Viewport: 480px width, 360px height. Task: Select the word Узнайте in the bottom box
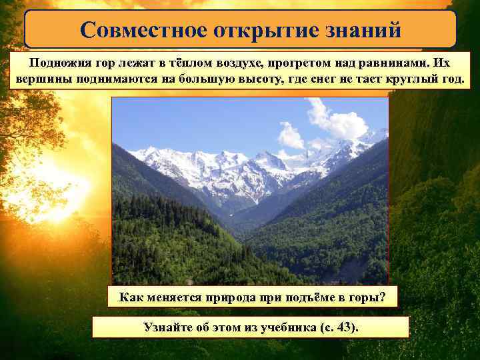click(x=169, y=327)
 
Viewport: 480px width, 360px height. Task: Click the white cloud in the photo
click(x=337, y=121)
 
